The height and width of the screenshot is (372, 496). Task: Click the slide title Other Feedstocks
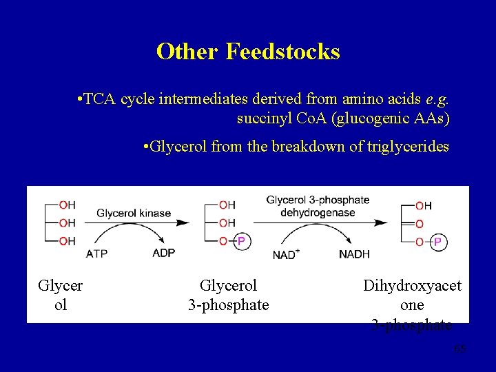click(x=248, y=52)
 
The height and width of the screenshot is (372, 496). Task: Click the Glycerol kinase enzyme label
click(x=134, y=213)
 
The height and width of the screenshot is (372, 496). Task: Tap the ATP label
click(x=96, y=254)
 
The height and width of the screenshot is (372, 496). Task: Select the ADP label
click(x=164, y=253)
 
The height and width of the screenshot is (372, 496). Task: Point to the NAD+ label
click(x=286, y=254)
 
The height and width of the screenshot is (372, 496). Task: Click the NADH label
click(x=354, y=254)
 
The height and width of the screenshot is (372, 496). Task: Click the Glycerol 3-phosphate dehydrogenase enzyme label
click(x=318, y=206)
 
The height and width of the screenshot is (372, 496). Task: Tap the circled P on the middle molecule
click(x=241, y=241)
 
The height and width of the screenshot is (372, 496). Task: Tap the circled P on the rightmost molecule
click(x=437, y=242)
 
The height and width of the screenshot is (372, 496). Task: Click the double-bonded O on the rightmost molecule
click(x=420, y=224)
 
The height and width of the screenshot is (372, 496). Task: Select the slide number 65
click(x=460, y=349)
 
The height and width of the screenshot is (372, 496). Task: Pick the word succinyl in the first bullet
click(x=260, y=118)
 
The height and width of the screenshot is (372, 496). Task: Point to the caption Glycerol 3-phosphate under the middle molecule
click(x=228, y=295)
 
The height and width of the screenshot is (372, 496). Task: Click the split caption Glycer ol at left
click(x=61, y=295)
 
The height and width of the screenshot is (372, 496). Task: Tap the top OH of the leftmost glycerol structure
click(x=67, y=205)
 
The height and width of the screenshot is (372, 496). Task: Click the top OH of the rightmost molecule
click(x=424, y=205)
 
